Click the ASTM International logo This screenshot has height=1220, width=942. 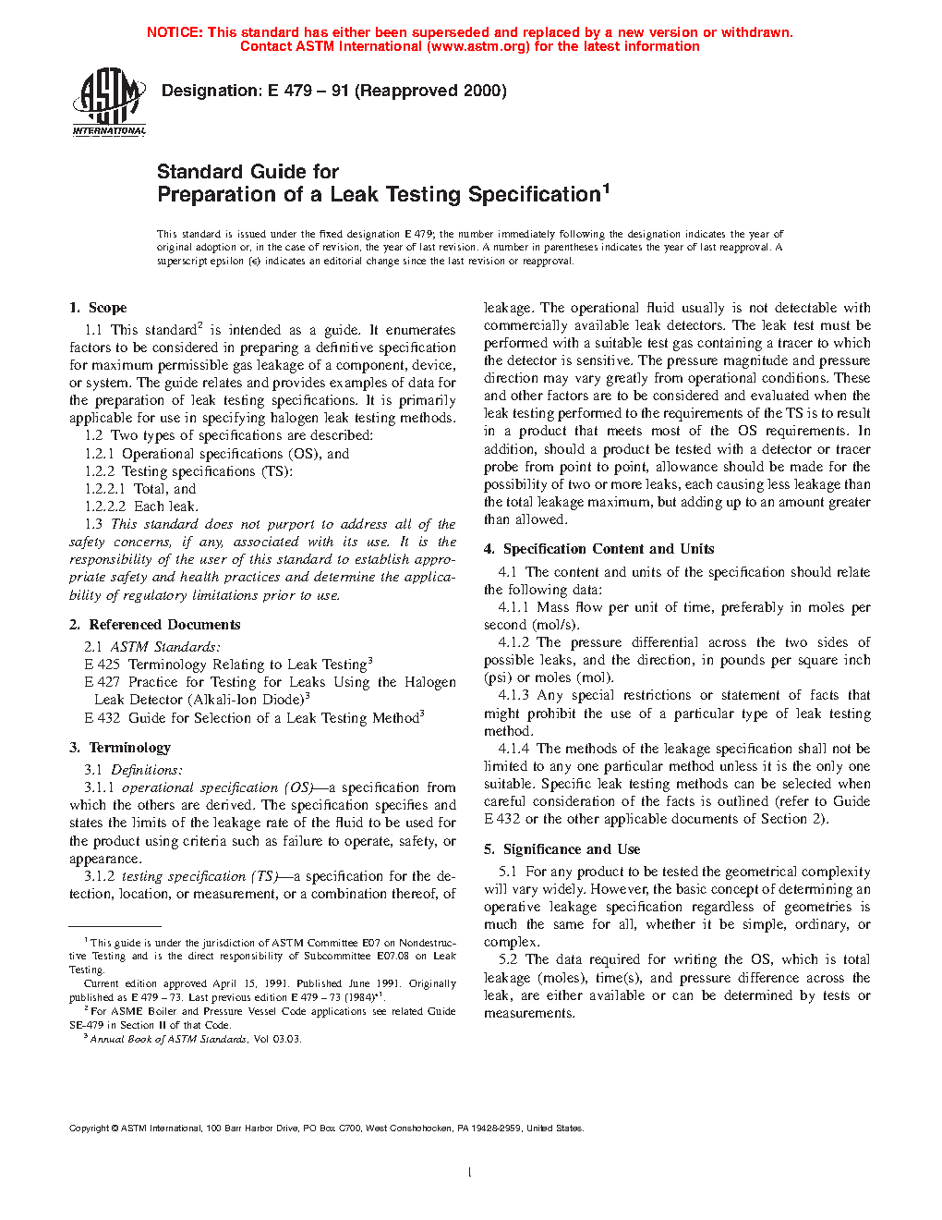coord(109,103)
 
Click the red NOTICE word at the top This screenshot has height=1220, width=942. coord(175,32)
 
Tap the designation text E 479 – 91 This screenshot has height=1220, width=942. coord(308,91)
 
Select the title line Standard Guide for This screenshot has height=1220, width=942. coord(248,172)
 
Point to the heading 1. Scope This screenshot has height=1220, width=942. coord(98,308)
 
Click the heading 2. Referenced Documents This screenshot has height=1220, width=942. coord(154,625)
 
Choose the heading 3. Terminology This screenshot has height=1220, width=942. coord(120,748)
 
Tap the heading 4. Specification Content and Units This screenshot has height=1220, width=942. coord(598,549)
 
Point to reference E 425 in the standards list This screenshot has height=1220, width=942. coord(102,665)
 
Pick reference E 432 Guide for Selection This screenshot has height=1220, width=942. coord(102,718)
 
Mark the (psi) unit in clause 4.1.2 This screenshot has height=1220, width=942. coord(498,677)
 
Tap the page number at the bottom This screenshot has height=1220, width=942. coord(470,1173)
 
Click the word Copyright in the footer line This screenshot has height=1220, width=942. coord(89,1128)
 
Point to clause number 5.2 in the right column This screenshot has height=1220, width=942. coord(508,959)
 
